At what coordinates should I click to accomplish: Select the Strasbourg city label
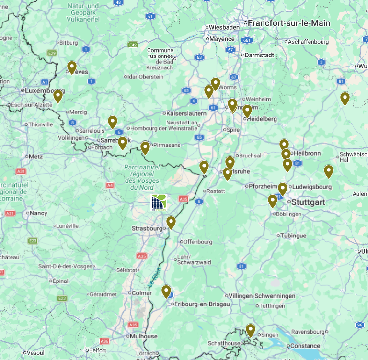147,228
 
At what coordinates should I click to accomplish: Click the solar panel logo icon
159,202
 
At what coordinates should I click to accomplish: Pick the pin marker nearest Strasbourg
171,223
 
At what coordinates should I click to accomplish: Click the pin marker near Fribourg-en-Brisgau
166,291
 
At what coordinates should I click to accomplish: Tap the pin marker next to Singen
250,330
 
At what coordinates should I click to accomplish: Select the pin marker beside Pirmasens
145,147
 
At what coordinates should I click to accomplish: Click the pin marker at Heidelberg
247,111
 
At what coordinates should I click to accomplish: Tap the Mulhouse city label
143,336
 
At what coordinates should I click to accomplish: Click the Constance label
305,346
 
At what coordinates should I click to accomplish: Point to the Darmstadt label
259,55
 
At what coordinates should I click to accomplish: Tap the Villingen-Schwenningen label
262,296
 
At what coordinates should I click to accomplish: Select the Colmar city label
141,293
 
